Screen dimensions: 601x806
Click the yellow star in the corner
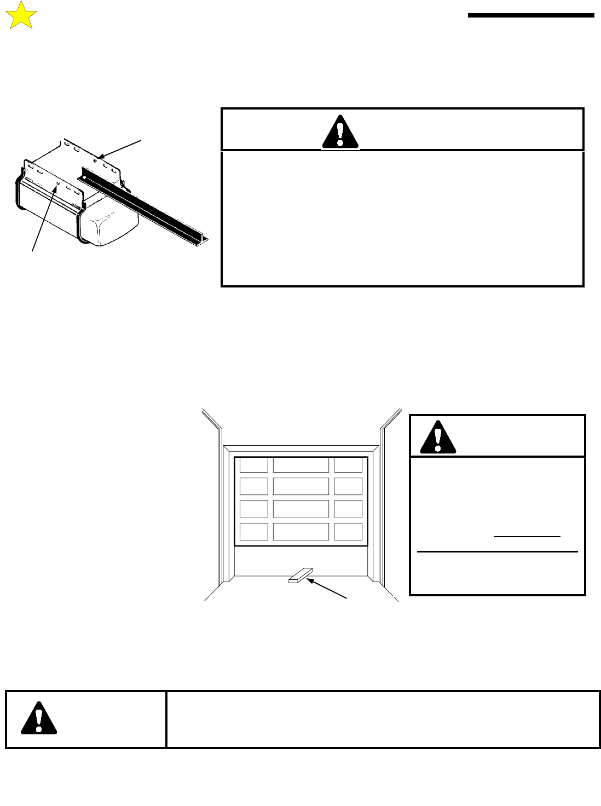point(20,16)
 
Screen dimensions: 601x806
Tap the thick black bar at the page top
point(530,15)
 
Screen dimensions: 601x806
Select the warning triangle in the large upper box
point(340,133)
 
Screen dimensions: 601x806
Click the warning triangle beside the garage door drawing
point(437,437)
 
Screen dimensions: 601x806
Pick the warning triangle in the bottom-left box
point(39,718)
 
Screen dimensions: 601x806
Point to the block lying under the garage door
point(300,575)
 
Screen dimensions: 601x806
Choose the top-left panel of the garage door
point(253,465)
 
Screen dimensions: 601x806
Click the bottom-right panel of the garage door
point(348,532)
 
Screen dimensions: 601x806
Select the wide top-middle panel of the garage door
point(300,465)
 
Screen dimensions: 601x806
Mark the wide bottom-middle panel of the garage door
point(300,532)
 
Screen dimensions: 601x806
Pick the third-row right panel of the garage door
point(348,509)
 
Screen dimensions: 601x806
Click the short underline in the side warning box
point(527,537)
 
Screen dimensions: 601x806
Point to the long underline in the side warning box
point(497,552)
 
